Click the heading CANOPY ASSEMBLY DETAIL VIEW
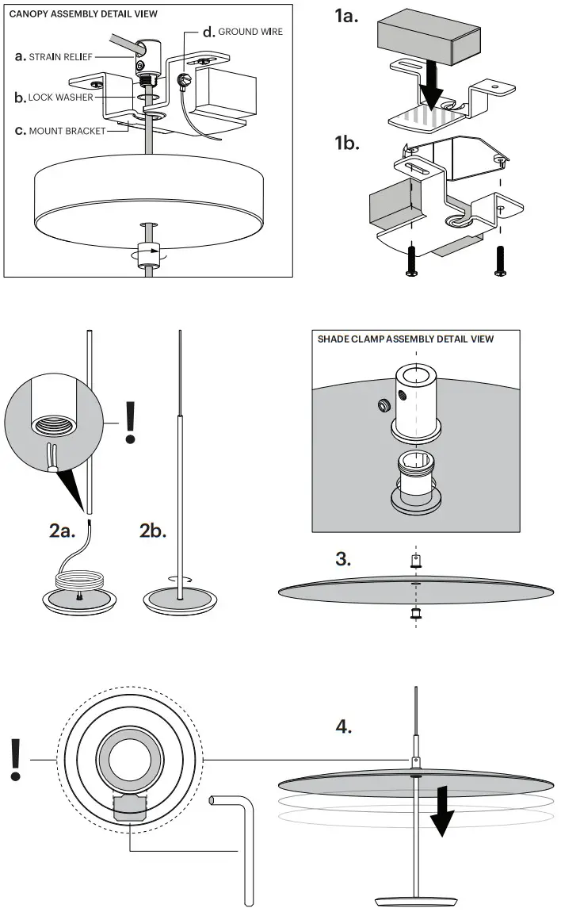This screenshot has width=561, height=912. coord(83,13)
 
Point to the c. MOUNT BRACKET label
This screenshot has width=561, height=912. coord(60,131)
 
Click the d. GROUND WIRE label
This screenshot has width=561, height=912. coord(242,32)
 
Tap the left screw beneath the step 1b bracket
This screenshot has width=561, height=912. coord(411,261)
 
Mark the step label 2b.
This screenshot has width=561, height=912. coord(153,531)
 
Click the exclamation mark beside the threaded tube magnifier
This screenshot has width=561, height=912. coord(131,422)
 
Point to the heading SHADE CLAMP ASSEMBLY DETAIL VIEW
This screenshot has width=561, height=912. coord(406,339)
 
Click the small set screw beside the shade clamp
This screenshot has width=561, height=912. coord(384,405)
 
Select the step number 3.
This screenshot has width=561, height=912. coord(343,559)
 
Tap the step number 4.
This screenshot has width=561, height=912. coord(344,726)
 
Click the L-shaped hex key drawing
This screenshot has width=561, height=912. coord(242,841)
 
